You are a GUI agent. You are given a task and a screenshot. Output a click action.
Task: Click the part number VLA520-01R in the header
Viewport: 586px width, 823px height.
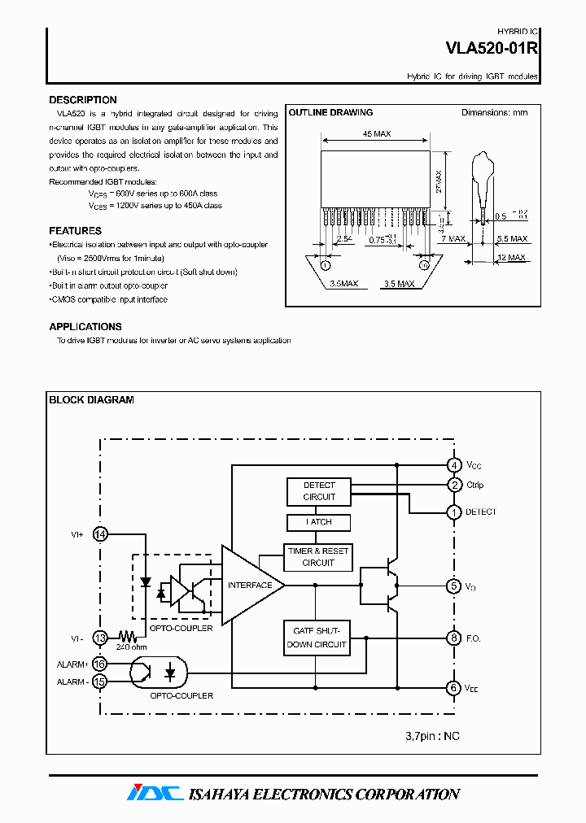click(491, 48)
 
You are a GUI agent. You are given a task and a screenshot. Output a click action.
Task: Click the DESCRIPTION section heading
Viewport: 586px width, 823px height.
click(83, 100)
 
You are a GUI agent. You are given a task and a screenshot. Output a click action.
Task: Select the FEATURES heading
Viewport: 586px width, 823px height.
click(75, 231)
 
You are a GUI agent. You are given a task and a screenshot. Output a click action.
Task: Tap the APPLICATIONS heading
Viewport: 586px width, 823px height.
click(85, 327)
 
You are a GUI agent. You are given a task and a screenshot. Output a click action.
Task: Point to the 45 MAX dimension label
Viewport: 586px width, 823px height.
click(376, 134)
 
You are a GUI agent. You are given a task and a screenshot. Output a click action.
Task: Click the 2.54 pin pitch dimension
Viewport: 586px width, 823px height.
click(343, 239)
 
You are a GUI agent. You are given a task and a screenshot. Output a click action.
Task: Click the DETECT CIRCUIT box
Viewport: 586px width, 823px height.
click(319, 491)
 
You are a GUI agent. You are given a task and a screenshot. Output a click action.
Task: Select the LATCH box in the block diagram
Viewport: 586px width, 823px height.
click(319, 522)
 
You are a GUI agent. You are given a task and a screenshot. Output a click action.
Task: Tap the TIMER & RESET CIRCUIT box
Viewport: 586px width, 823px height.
click(318, 557)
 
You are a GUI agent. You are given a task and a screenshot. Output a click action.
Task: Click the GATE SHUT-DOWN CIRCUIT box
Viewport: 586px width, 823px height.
click(317, 638)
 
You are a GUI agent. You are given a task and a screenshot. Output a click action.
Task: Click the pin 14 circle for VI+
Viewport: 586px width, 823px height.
click(100, 534)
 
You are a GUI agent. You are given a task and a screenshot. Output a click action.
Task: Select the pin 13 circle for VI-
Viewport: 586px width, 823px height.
click(100, 638)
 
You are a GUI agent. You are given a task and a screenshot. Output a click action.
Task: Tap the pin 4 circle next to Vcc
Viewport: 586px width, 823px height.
click(454, 465)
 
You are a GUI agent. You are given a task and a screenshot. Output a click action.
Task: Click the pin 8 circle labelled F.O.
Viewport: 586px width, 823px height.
click(454, 638)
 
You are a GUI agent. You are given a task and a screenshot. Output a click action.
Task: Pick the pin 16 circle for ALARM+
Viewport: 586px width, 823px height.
click(100, 664)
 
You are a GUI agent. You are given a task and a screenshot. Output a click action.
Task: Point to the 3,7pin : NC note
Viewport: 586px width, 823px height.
click(432, 736)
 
